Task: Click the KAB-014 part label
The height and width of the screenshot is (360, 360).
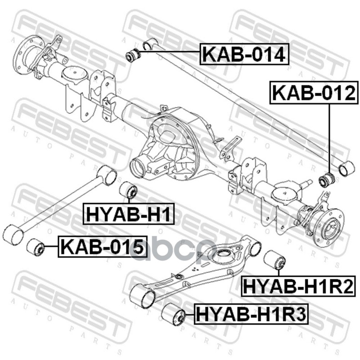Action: [243, 54]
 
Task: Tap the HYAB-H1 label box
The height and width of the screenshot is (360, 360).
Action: [128, 214]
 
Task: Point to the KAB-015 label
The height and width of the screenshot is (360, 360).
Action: [103, 247]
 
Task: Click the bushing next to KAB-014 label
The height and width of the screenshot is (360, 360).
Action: [133, 56]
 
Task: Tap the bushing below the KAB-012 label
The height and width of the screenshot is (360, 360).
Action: [326, 180]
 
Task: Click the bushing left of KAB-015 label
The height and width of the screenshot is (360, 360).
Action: [35, 247]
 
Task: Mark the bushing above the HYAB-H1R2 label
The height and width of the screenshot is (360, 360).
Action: [274, 260]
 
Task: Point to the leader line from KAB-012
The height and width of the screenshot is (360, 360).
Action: [330, 137]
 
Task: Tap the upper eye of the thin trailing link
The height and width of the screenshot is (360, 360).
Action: [107, 175]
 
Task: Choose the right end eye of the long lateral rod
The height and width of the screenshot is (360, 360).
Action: [347, 168]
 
